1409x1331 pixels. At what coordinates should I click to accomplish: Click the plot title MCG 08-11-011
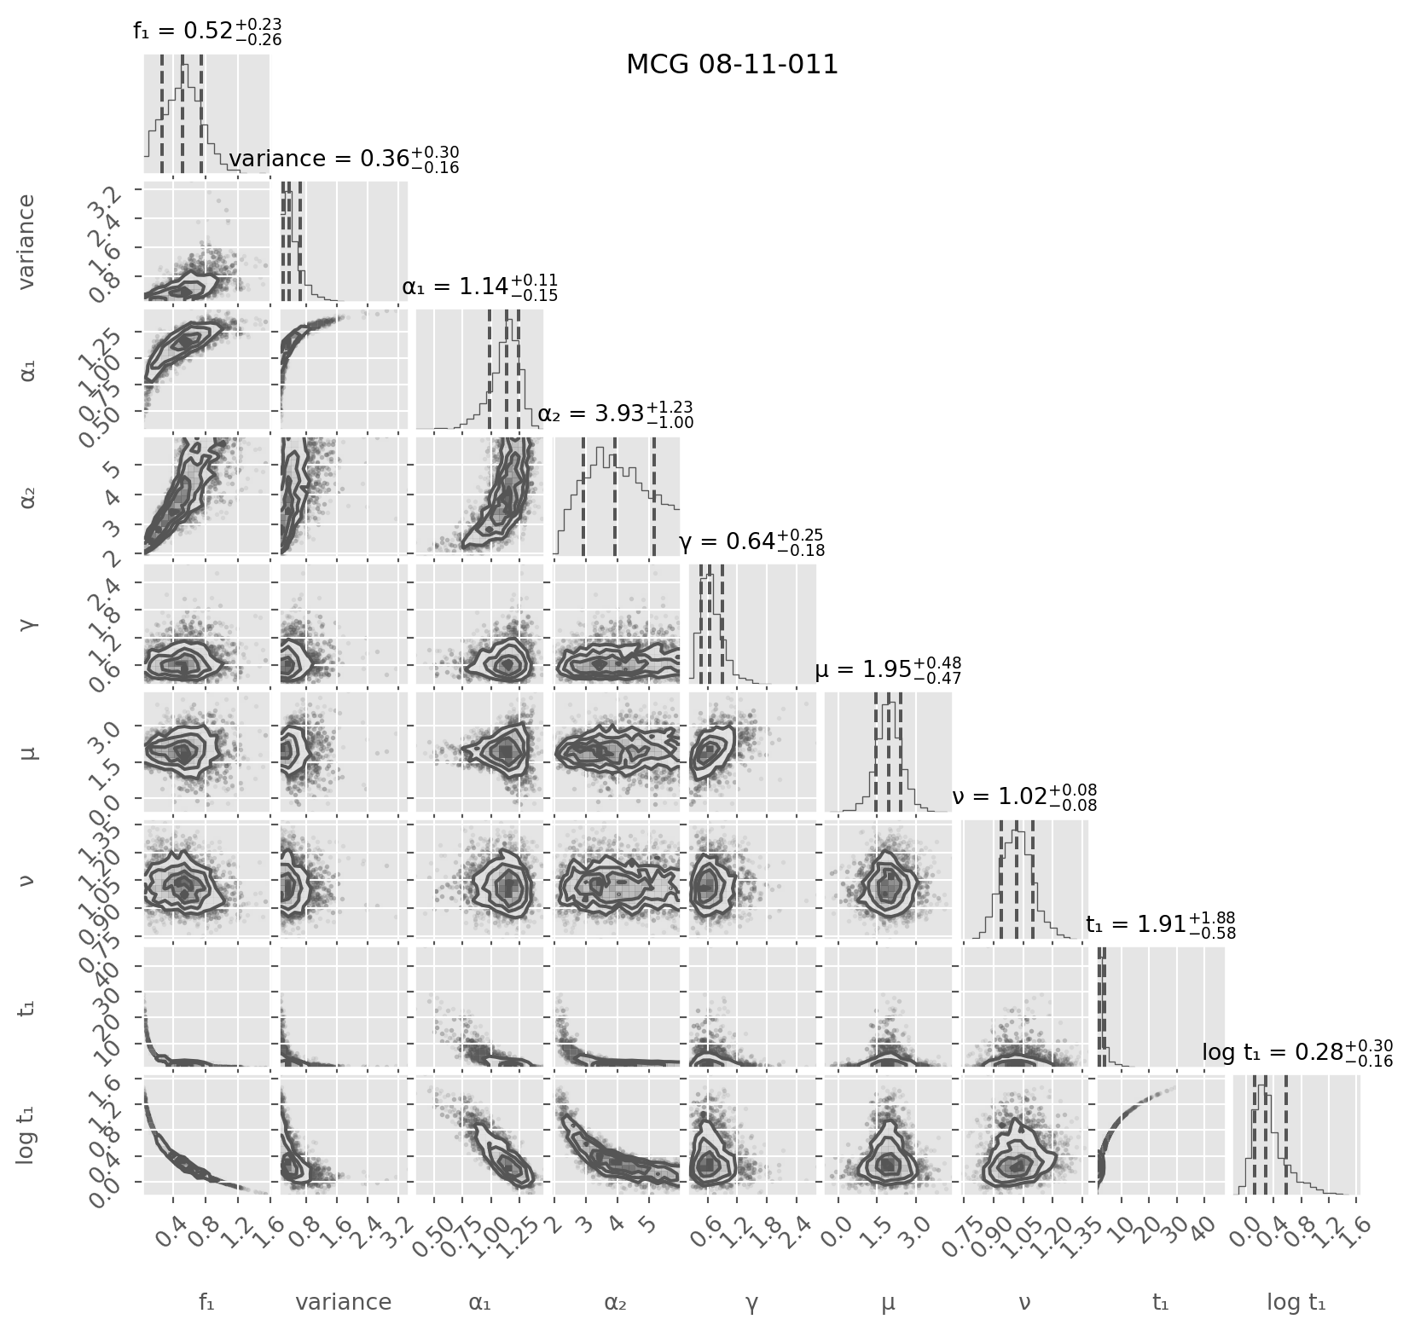click(732, 65)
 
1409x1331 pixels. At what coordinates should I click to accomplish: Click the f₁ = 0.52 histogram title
click(207, 32)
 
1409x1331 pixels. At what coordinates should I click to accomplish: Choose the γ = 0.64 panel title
click(751, 541)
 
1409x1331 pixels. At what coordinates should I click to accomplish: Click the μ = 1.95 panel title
click(889, 670)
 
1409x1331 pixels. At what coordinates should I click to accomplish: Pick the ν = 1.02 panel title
click(1024, 797)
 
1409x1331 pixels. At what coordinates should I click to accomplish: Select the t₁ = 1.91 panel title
click(1161, 925)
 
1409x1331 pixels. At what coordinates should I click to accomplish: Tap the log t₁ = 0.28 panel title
click(1297, 1053)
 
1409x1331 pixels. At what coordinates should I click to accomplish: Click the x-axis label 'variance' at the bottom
click(343, 1302)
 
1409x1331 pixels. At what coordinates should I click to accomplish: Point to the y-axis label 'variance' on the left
click(27, 241)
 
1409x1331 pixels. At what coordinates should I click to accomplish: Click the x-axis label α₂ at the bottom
click(616, 1302)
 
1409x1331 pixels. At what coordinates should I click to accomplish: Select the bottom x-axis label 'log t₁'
click(1296, 1302)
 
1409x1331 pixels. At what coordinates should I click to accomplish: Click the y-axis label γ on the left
click(27, 624)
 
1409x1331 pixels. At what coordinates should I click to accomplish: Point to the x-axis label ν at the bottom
click(1024, 1302)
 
